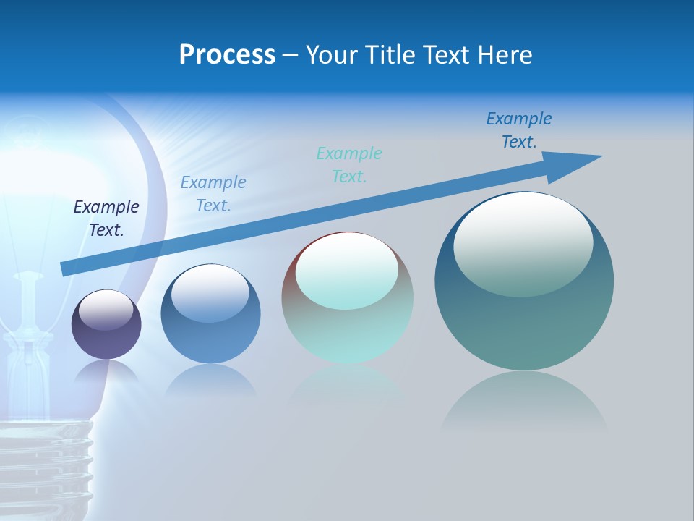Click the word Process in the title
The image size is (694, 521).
coord(227,55)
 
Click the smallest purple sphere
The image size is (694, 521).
coord(106,324)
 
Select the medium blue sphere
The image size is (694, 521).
coord(210,313)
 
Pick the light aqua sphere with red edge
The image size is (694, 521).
coord(347,298)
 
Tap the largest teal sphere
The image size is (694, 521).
coord(524,281)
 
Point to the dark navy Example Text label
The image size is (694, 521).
coord(106,218)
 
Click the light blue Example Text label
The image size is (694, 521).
coord(213,193)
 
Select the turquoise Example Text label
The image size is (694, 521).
coord(349,164)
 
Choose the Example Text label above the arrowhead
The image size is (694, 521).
coord(519,130)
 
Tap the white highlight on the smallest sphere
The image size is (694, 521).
coord(106,310)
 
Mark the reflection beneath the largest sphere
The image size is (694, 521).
coord(524,402)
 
